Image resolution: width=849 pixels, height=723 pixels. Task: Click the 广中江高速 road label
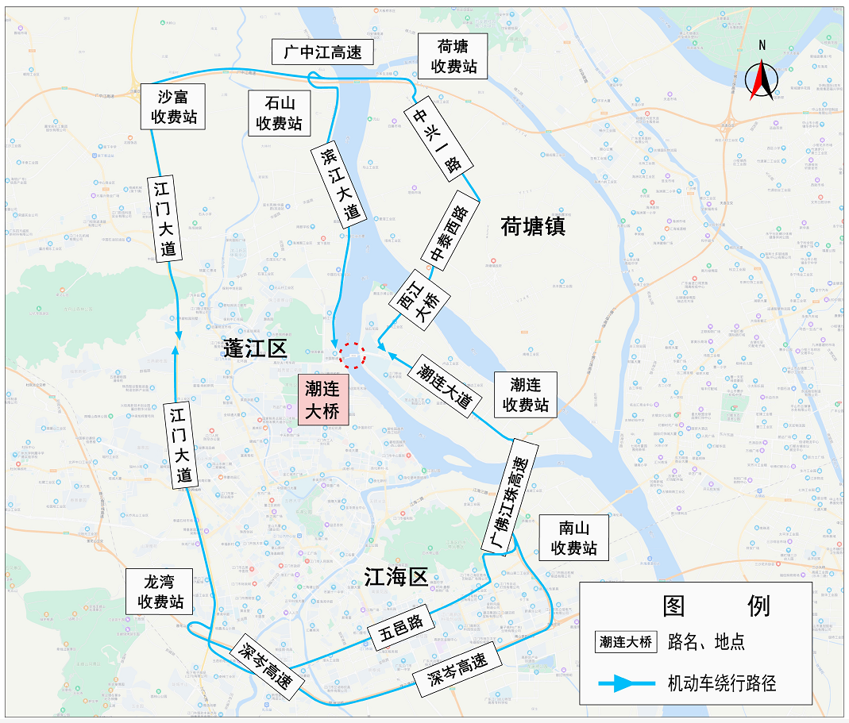322,52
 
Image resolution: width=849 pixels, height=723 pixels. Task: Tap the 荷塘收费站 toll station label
453,56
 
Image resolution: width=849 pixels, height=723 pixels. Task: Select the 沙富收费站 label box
174,107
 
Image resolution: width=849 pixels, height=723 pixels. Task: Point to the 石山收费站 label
279,113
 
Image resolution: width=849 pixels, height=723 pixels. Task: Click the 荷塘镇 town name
533,228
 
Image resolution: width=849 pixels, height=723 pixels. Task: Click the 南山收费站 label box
573,537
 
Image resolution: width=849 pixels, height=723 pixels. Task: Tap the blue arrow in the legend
627,683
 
